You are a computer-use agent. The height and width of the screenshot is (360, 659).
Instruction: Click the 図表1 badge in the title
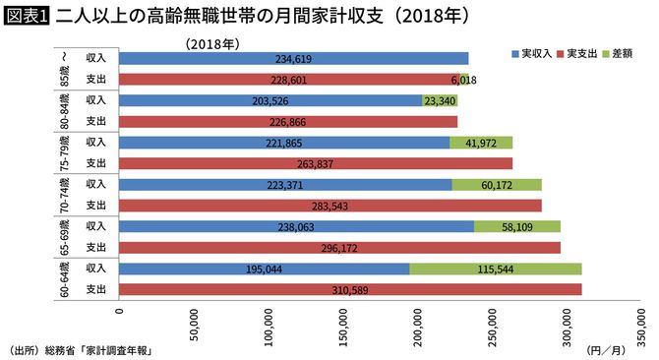coord(27,17)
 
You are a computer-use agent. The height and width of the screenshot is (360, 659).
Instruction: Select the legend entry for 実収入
coord(532,49)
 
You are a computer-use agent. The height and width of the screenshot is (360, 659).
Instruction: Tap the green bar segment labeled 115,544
coord(495,269)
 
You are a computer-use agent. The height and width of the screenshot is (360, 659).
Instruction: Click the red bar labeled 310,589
coord(350,289)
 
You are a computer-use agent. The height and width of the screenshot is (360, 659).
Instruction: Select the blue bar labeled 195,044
coord(265,269)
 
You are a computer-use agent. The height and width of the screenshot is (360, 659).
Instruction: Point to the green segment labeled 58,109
coord(517,225)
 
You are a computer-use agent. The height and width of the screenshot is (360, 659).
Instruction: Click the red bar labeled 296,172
coord(339,247)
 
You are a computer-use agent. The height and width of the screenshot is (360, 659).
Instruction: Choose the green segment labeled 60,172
coord(497,184)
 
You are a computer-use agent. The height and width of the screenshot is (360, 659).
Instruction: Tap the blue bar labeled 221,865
coord(284,143)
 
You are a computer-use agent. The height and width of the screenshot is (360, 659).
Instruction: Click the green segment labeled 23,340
coord(439,100)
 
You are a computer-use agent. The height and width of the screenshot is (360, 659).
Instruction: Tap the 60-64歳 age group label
coord(64,278)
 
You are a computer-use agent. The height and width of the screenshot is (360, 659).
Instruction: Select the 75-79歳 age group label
coord(64,152)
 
